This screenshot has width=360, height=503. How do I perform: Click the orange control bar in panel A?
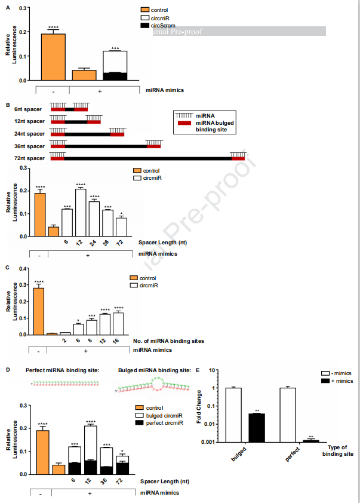53,57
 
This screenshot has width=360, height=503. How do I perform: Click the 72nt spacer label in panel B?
29,158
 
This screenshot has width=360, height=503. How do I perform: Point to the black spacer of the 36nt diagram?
105,145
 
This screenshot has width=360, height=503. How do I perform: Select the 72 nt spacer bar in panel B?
122,226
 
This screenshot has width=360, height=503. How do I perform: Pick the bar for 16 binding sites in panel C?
118,323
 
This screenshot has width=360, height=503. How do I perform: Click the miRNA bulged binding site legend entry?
206,122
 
